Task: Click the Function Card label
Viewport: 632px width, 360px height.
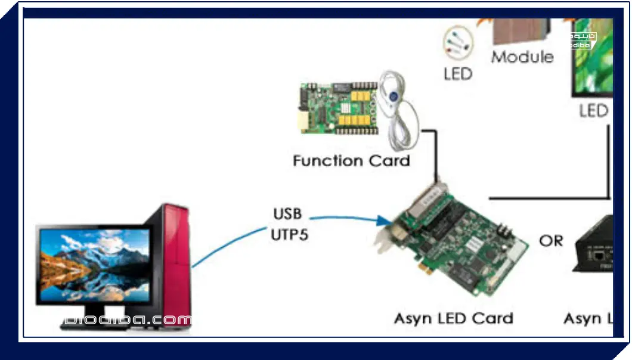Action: (351, 160)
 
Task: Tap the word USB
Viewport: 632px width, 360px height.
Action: (287, 213)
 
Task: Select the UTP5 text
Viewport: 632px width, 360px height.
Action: (290, 234)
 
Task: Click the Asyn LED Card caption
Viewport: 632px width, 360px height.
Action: (453, 318)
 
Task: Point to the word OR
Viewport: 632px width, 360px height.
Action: (550, 241)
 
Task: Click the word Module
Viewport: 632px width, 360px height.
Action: (522, 57)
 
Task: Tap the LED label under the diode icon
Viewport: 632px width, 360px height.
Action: (458, 74)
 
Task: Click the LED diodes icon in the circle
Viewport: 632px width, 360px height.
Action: (457, 43)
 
